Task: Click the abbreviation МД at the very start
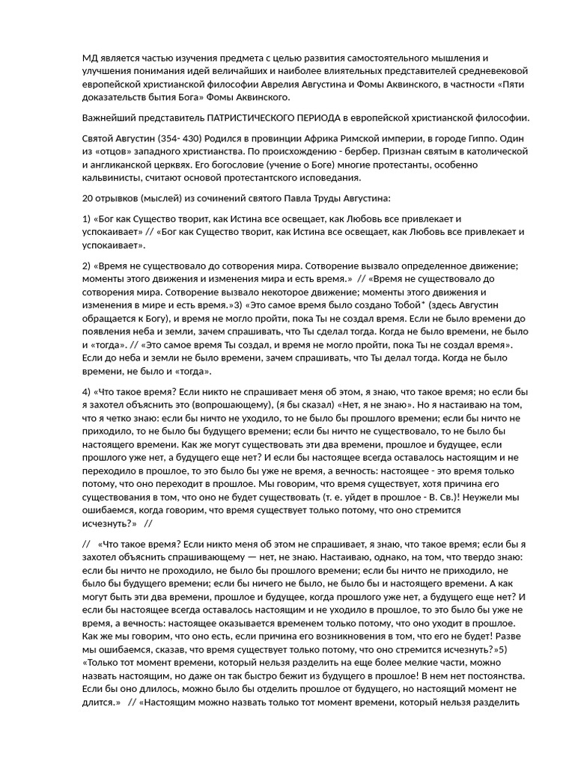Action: (x=90, y=58)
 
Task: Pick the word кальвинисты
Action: (x=111, y=178)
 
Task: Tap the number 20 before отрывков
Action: (x=87, y=198)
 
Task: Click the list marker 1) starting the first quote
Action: (x=86, y=219)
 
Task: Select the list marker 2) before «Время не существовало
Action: (x=86, y=266)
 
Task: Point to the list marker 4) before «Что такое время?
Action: (x=86, y=391)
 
